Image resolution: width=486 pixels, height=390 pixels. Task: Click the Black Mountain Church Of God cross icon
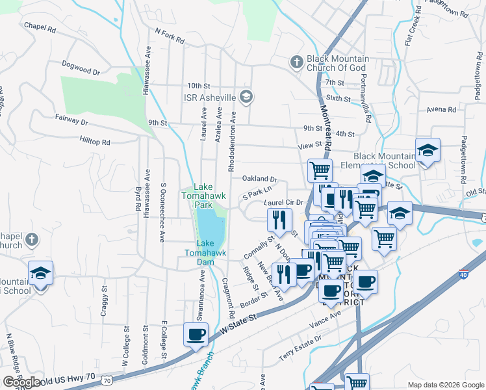(296, 62)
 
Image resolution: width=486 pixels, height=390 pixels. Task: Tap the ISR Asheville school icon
(246, 97)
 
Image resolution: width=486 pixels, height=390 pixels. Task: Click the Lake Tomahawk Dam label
(198, 253)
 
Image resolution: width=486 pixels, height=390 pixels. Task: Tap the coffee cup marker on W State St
(196, 335)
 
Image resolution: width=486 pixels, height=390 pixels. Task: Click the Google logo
(22, 382)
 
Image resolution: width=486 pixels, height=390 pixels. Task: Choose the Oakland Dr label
(260, 179)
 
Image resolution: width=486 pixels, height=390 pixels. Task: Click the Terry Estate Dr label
(300, 348)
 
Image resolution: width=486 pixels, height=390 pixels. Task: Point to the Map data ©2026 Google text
(446, 385)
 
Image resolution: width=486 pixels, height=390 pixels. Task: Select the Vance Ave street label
(326, 318)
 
